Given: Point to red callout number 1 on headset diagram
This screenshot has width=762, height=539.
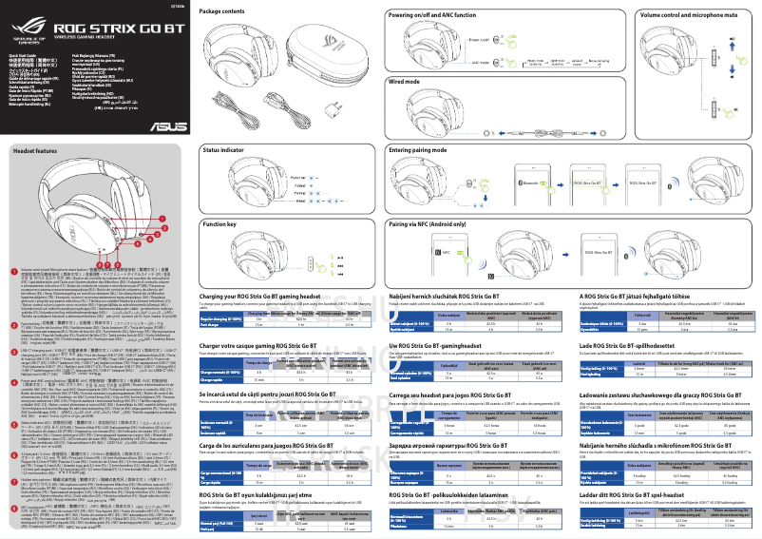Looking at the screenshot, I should pyautogui.click(x=162, y=219).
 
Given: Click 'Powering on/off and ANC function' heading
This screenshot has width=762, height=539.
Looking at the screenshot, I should pyautogui.click(x=433, y=17).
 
